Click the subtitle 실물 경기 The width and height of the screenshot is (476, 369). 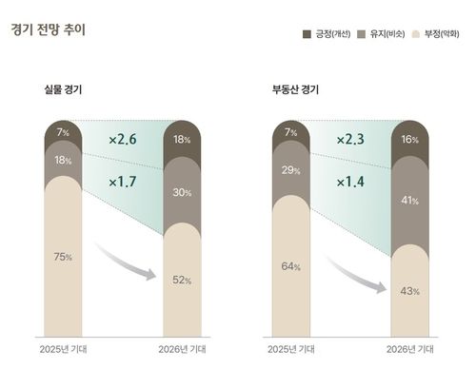[63, 90]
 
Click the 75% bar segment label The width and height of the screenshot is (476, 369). [63, 257]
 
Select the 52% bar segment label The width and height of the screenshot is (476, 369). [182, 281]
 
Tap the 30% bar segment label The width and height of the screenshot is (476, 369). [182, 192]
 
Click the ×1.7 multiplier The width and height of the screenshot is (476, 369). [124, 181]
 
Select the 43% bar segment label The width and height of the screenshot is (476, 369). [410, 290]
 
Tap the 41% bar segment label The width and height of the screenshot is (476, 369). [410, 201]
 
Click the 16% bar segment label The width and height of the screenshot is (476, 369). [410, 139]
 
